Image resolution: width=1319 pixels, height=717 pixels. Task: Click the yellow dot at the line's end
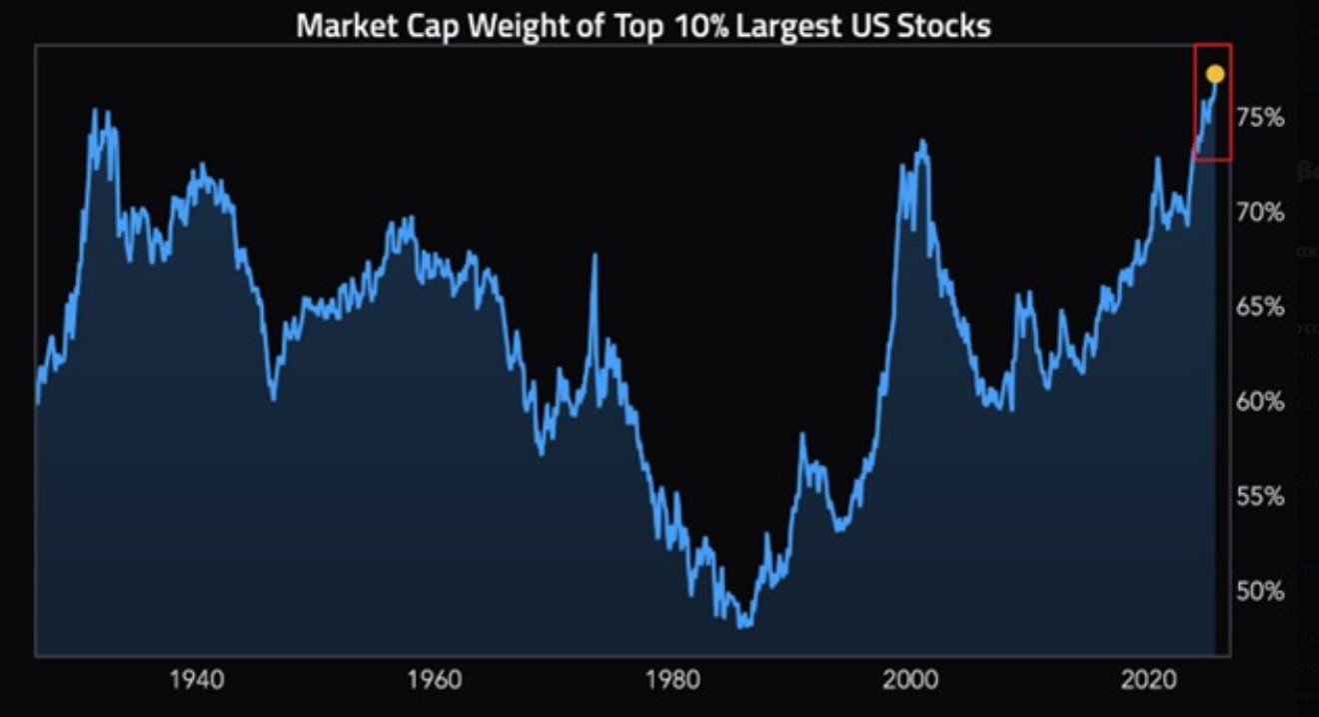(x=1215, y=74)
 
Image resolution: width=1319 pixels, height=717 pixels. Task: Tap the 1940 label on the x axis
(x=198, y=682)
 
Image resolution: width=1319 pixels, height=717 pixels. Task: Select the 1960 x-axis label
(x=435, y=682)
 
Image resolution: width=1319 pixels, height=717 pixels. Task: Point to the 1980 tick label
(x=672, y=682)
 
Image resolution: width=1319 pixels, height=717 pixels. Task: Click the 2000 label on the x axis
(x=910, y=682)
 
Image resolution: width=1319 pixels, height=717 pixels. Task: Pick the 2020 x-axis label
(x=1147, y=682)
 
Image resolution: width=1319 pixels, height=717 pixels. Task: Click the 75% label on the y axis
(x=1260, y=118)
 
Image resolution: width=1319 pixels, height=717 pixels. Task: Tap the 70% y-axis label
(x=1260, y=212)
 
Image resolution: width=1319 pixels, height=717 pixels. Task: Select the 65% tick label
(x=1260, y=307)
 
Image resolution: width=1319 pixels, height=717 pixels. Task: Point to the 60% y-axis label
(x=1260, y=402)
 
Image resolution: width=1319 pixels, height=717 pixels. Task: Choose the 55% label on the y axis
(x=1260, y=496)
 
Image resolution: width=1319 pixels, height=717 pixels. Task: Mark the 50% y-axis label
(x=1260, y=591)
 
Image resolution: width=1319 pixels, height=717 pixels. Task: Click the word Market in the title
(x=345, y=25)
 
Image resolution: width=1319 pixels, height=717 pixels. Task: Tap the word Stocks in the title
(x=950, y=25)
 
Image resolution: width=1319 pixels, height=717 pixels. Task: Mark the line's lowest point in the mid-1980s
(x=742, y=627)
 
